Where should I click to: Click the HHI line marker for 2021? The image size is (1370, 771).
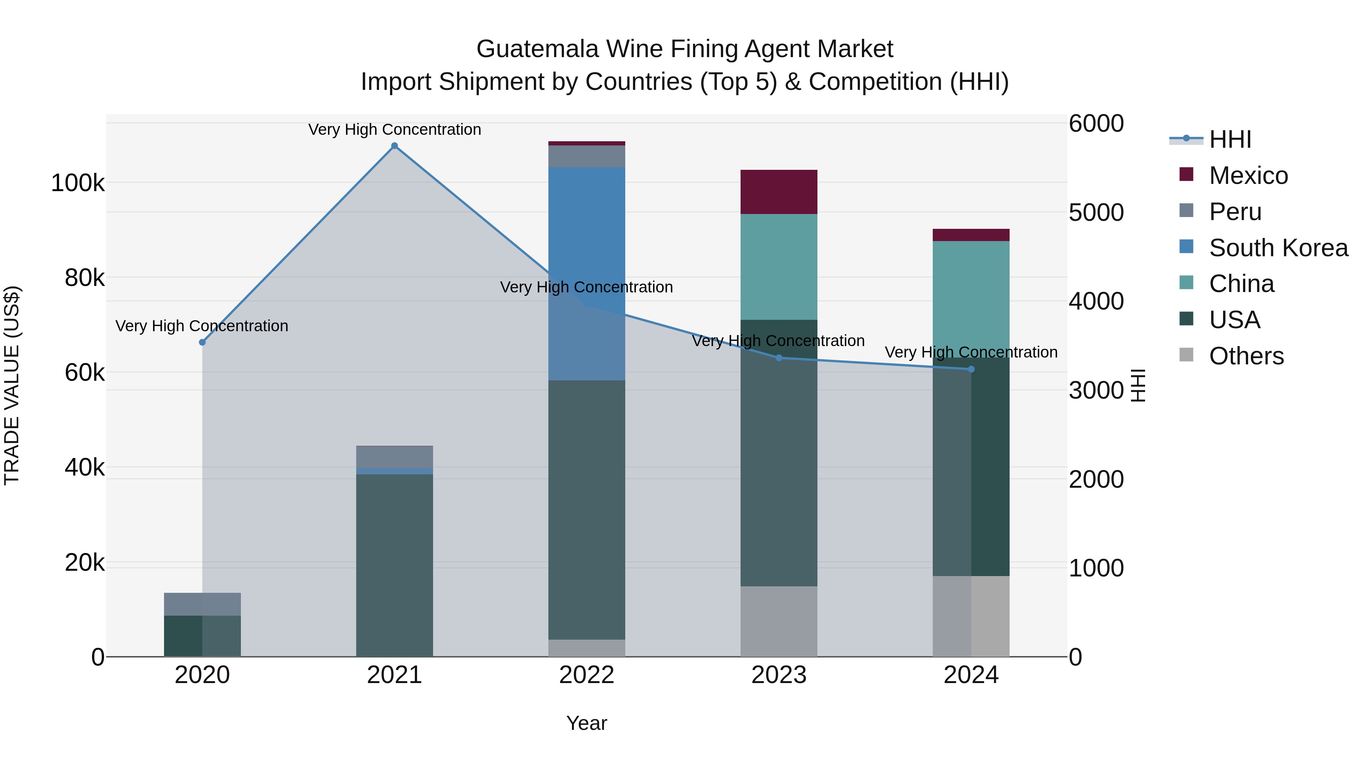pos(394,146)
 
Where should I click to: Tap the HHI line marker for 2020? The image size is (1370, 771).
pos(202,342)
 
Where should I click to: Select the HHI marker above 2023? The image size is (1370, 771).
pos(779,358)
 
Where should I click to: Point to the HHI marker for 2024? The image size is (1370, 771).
pos(971,369)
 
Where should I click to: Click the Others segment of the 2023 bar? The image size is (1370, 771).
pos(779,621)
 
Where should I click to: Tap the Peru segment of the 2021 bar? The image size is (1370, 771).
pos(394,457)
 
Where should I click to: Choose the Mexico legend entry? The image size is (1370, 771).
pos(1248,176)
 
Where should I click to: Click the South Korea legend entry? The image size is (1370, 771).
pos(1278,248)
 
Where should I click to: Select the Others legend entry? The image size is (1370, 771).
pos(1246,356)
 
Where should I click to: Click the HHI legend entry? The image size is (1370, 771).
pos(1230,139)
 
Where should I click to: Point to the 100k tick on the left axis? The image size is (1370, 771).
pos(78,183)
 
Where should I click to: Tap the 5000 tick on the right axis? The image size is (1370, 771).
pos(1096,212)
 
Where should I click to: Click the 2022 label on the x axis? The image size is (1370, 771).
pos(586,675)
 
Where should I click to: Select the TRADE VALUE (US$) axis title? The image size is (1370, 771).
pos(12,385)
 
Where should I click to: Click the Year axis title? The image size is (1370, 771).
pos(586,723)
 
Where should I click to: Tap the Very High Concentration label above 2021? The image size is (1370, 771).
pos(394,129)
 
